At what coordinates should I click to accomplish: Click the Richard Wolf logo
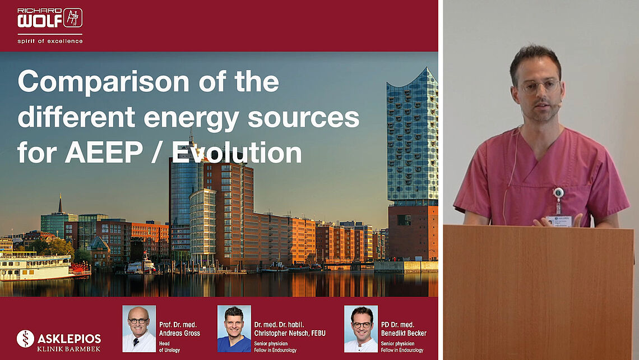[x=50, y=18]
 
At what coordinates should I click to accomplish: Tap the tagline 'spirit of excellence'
[x=50, y=41]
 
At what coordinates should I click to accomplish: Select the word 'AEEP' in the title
[x=104, y=153]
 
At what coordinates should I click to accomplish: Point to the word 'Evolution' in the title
[x=237, y=153]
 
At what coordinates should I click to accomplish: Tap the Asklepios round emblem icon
[x=25, y=339]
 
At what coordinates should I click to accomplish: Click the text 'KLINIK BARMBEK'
[x=69, y=349]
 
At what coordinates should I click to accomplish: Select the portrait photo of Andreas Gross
[x=140, y=329]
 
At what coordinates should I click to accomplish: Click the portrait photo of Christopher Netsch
[x=234, y=329]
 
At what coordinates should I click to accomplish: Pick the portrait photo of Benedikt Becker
[x=361, y=329]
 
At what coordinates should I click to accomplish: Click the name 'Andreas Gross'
[x=180, y=333]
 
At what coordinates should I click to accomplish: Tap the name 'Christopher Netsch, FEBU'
[x=290, y=333]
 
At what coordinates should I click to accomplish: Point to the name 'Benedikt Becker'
[x=404, y=333]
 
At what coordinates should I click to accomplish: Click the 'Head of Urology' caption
[x=169, y=347]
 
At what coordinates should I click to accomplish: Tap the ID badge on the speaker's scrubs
[x=559, y=220]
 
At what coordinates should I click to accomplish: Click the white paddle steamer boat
[x=40, y=266]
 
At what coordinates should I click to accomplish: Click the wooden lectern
[x=538, y=292]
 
